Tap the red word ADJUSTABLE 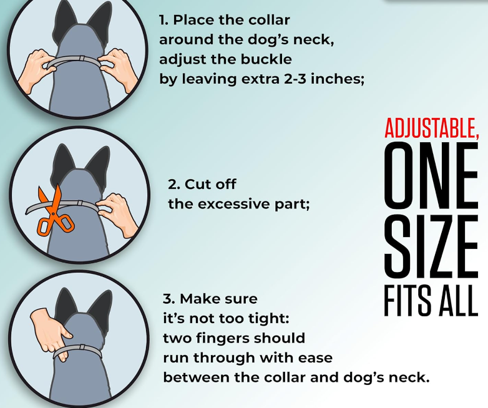pyautogui.click(x=431, y=128)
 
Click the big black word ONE pyautogui.click(x=431, y=175)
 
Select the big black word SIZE pyautogui.click(x=431, y=246)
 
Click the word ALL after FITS pyautogui.click(x=456, y=301)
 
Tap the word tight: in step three pyautogui.click(x=269, y=319)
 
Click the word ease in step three pyautogui.click(x=315, y=358)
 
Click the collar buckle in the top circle pyautogui.click(x=81, y=59)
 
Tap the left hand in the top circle pyautogui.click(x=34, y=70)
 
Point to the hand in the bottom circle pyautogui.click(x=51, y=333)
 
